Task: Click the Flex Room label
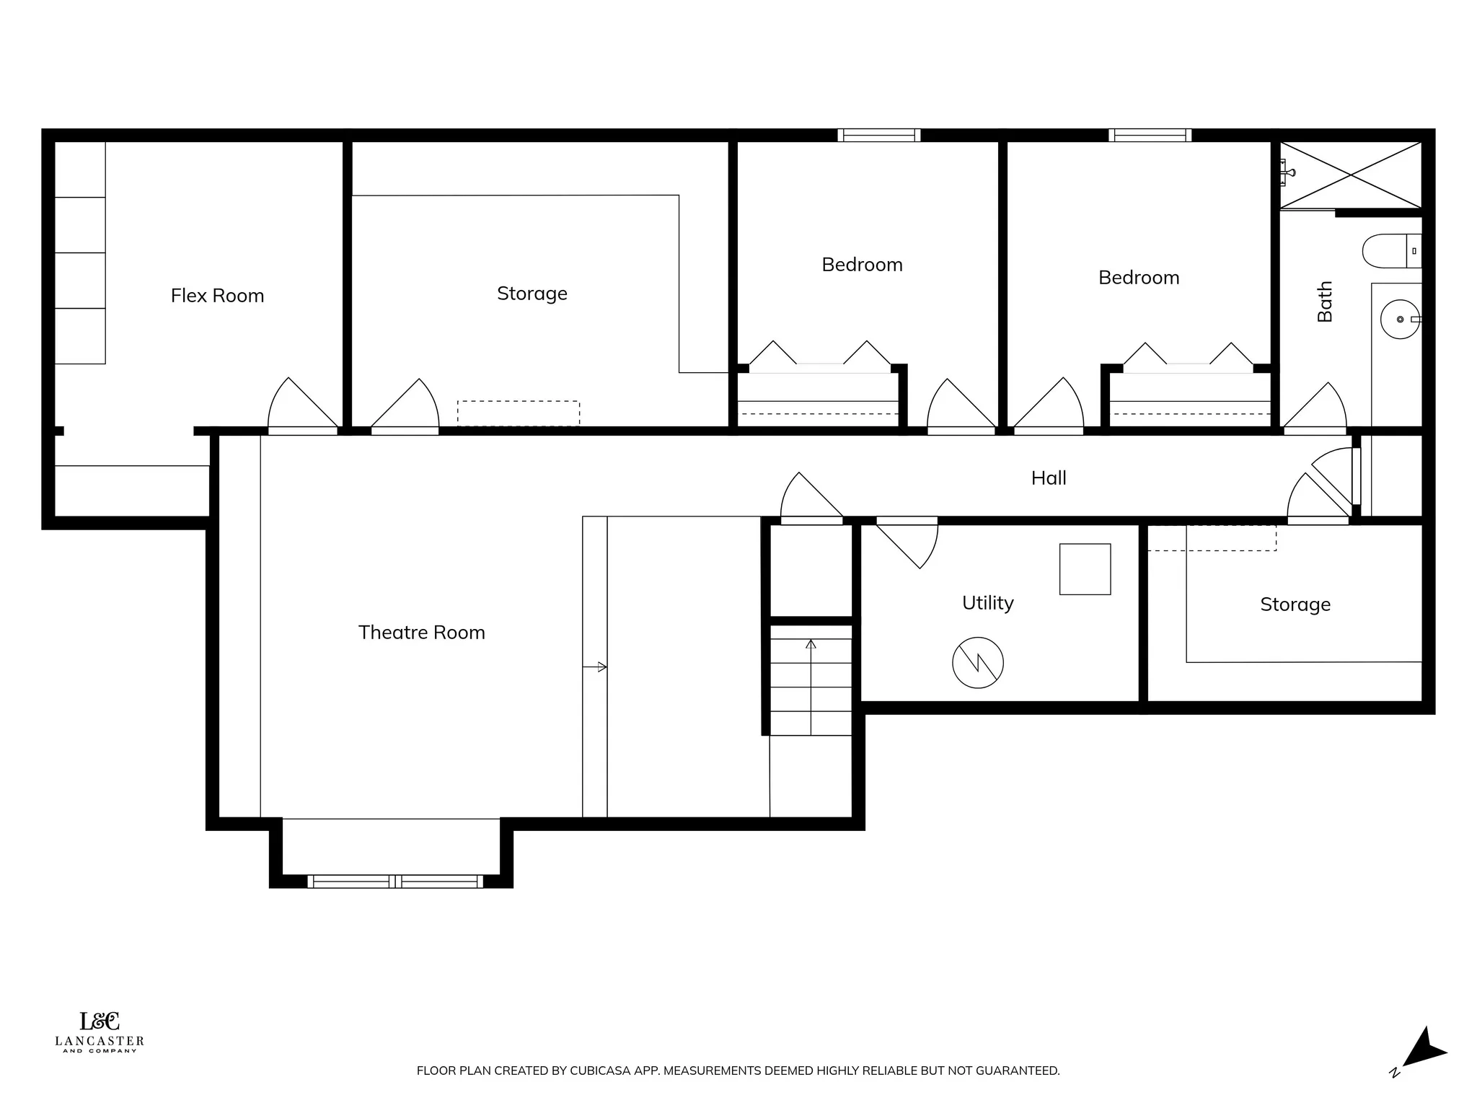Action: point(217,296)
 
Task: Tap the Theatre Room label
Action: point(421,633)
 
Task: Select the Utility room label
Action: point(987,603)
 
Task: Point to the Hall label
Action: point(1048,478)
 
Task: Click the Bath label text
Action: point(1325,302)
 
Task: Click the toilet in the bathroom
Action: point(1389,251)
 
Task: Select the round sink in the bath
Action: point(1399,319)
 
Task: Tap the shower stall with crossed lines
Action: point(1350,175)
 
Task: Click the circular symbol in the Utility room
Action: point(977,662)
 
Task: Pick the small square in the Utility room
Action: point(1084,569)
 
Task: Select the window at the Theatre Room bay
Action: point(394,881)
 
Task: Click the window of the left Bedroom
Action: point(878,135)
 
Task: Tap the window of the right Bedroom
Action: point(1150,135)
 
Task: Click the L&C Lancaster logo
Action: point(100,1032)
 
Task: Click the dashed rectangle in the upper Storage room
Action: point(518,413)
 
